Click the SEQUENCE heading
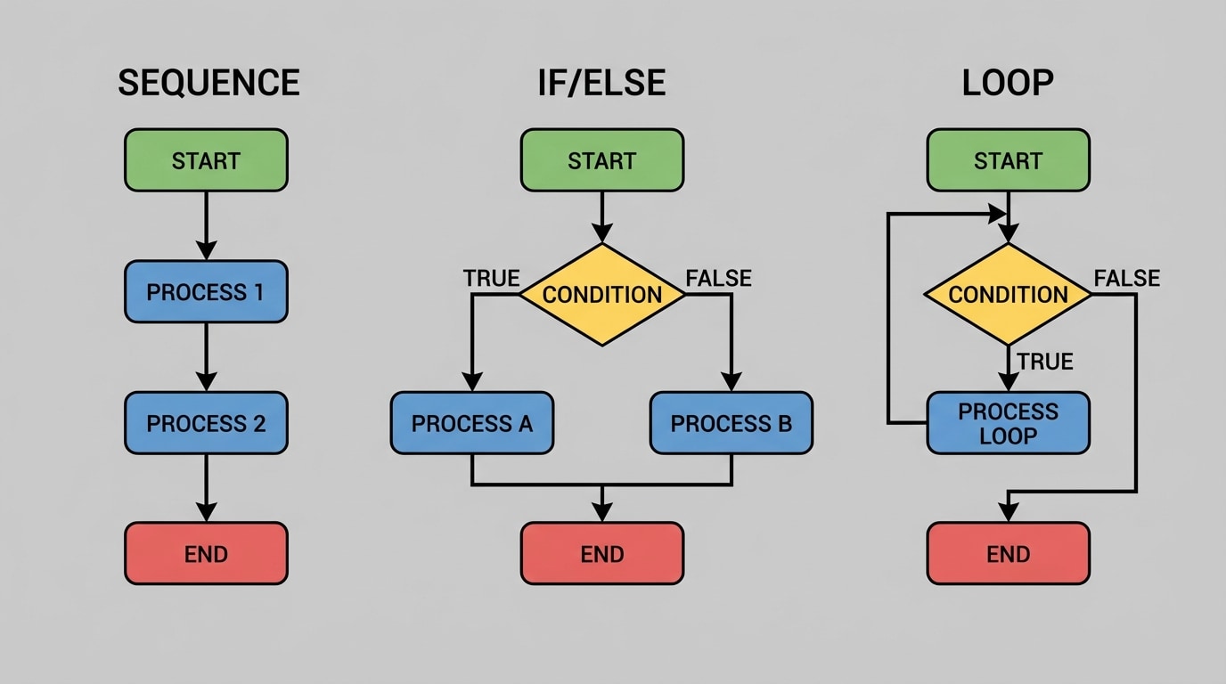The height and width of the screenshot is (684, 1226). pyautogui.click(x=208, y=83)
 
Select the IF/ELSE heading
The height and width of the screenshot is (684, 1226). pyautogui.click(x=602, y=83)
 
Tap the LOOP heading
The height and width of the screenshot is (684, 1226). pyautogui.click(x=1008, y=83)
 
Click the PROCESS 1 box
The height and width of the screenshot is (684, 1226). pyautogui.click(x=206, y=292)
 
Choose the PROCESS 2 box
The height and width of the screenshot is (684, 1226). pyautogui.click(x=206, y=423)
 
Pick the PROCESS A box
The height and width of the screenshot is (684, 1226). pyautogui.click(x=472, y=423)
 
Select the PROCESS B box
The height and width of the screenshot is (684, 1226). pyautogui.click(x=732, y=423)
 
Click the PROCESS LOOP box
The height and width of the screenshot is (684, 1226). pyautogui.click(x=1008, y=423)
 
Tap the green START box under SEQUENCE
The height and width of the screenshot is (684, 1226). pyautogui.click(x=206, y=161)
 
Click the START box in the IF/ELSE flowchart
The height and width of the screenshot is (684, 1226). pyautogui.click(x=602, y=161)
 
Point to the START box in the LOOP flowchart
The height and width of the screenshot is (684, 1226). pyautogui.click(x=1008, y=161)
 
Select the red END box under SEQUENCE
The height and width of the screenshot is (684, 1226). pyautogui.click(x=206, y=554)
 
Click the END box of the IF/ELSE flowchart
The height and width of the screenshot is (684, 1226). pyautogui.click(x=602, y=554)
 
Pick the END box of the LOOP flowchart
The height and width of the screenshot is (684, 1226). pyautogui.click(x=1008, y=554)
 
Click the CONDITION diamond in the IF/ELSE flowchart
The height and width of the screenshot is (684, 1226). pyautogui.click(x=602, y=295)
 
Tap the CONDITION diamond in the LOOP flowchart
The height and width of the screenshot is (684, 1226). pyautogui.click(x=1008, y=295)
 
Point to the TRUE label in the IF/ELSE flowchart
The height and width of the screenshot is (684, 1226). pyautogui.click(x=491, y=279)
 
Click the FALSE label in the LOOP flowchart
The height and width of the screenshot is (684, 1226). pyautogui.click(x=1127, y=279)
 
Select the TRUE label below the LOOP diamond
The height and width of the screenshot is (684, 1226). pyautogui.click(x=1045, y=362)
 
